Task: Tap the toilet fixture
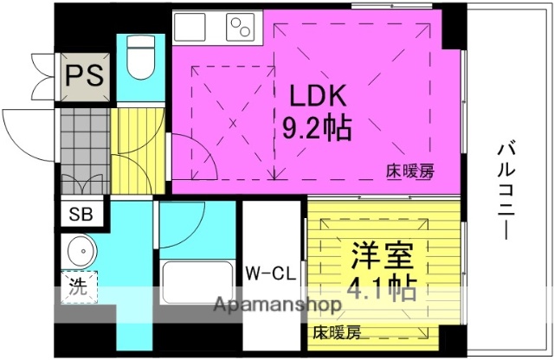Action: pos(138,57)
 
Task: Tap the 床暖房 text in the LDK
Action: pos(409,171)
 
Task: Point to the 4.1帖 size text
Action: pos(382,286)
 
